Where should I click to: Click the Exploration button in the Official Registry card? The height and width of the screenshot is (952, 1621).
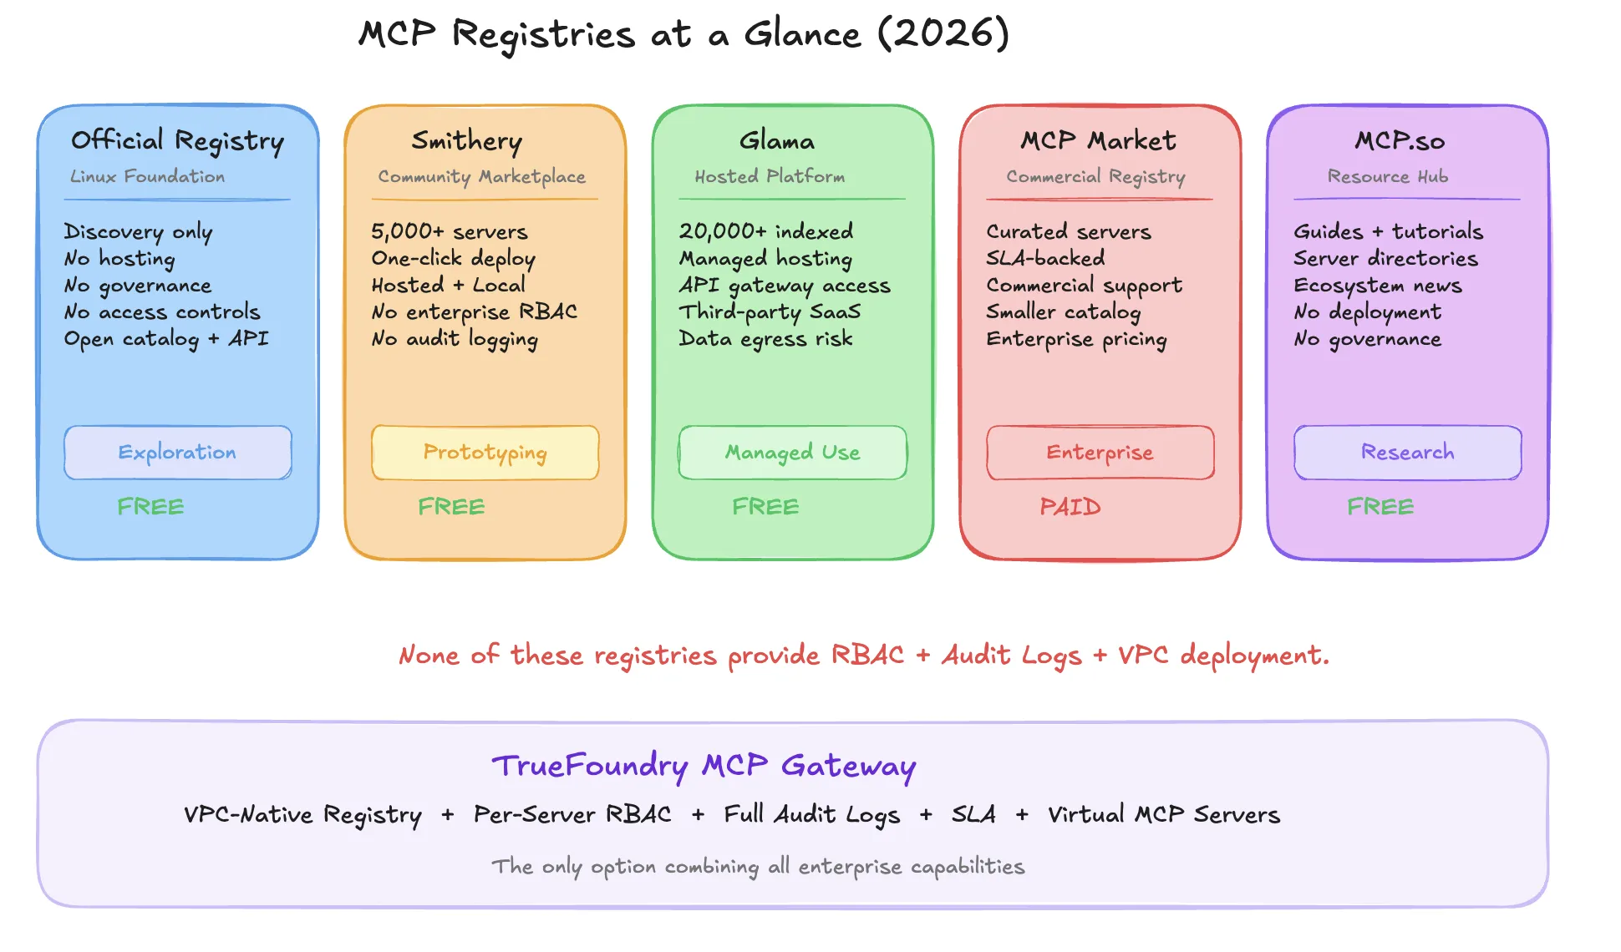pos(177,453)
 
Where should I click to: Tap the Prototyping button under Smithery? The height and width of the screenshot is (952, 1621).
pos(485,453)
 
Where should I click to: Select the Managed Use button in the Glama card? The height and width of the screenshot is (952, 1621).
pos(792,453)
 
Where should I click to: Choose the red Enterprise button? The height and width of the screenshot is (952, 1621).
pos(1100,453)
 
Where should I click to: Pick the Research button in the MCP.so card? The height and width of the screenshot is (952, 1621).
pos(1407,453)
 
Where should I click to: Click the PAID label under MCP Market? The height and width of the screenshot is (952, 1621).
pos(1070,507)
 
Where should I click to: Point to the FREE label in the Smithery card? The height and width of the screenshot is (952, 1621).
pos(451,507)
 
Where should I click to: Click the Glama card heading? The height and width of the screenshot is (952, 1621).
pos(777,140)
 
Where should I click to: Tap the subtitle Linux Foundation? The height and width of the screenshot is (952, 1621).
pos(148,176)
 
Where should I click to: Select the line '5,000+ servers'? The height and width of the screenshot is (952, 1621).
pos(450,231)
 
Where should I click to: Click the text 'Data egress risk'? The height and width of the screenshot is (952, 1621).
pos(765,338)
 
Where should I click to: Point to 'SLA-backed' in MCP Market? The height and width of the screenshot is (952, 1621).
pos(1045,258)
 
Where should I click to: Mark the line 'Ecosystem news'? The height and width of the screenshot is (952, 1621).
pos(1378,285)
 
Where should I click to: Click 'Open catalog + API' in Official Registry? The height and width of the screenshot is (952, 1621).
pos(166,338)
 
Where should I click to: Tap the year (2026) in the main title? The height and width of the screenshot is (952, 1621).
pos(943,33)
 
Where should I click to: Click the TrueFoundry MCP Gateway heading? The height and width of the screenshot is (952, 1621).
pos(704,765)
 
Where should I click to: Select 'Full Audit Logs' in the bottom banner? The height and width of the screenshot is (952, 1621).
pos(811,814)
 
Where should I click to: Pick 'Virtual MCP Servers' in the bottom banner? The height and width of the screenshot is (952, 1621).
pos(1163,814)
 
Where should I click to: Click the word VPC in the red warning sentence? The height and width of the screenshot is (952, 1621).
pos(1143,655)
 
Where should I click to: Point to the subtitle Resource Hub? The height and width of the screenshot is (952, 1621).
pos(1388,176)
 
